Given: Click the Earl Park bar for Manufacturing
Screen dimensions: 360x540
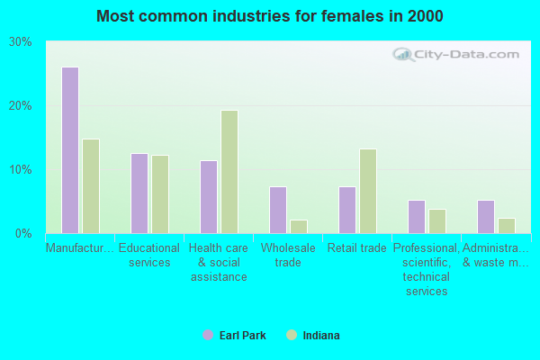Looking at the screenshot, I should coord(69,150).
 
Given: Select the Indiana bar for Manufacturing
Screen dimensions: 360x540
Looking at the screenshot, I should coord(91,186).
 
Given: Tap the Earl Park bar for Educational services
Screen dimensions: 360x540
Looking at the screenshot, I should coord(139,193).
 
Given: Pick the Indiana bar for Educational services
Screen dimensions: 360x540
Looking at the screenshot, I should coord(160,194).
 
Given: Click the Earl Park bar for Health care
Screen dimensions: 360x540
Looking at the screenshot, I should coord(209,197).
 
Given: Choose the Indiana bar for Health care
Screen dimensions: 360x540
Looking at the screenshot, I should coord(229,172).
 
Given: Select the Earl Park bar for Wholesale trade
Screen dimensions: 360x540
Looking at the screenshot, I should coord(278,210).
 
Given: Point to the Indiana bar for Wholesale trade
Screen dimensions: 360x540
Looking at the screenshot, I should coord(299,227).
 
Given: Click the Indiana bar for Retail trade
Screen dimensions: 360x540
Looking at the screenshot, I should coord(368,191).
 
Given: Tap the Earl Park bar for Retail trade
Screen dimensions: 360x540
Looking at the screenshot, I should coord(347,210).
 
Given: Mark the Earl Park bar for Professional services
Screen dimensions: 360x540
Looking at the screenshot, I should coord(417,217).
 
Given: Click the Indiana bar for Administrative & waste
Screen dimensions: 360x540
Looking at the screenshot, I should coord(507,226).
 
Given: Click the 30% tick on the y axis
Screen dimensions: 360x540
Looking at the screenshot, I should coord(22,42).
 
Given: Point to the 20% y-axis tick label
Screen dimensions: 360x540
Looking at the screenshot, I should coord(22,106).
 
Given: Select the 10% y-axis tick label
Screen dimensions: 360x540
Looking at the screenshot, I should coord(22,170).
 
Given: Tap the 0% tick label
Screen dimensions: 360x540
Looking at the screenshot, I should coord(24,234).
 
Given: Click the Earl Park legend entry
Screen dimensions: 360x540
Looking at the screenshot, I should coord(235,336).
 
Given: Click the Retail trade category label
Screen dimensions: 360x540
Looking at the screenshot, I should coord(357,248).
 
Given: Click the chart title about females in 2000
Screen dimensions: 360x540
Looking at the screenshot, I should coord(270,16).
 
